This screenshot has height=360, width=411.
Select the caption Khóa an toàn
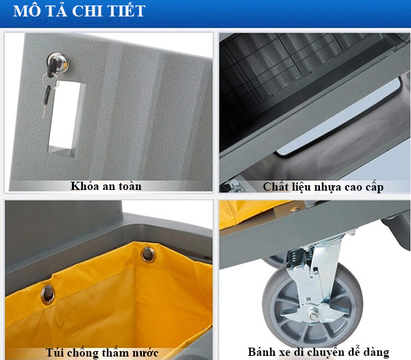(106, 186)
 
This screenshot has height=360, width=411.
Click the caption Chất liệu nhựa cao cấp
(323, 187)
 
